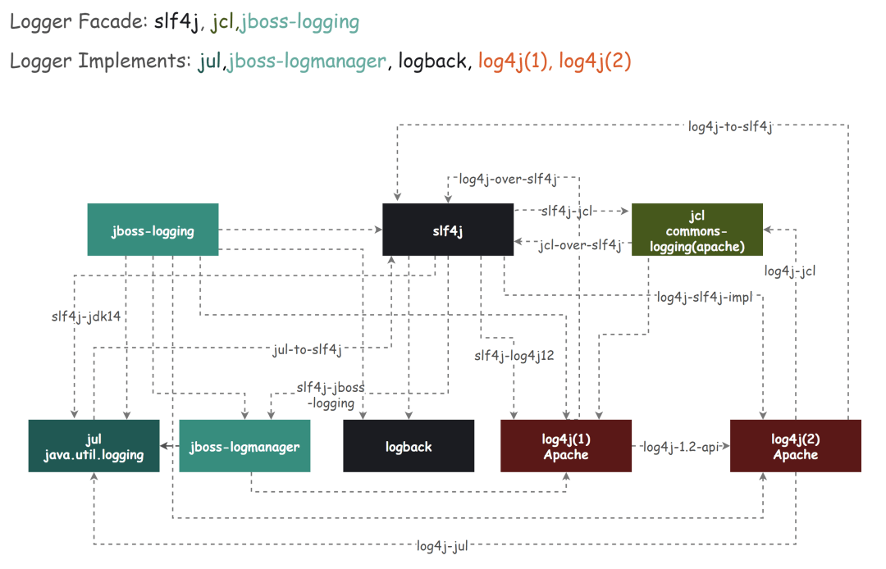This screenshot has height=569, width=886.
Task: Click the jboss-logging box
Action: [153, 230]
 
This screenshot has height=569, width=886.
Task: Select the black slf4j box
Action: [448, 230]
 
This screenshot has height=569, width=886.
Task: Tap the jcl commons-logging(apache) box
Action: [696, 230]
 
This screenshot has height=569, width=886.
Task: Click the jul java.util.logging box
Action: [94, 446]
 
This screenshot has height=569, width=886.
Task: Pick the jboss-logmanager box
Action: [244, 446]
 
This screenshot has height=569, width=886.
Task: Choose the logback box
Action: [408, 446]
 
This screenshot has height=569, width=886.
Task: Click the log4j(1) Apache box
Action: [566, 446]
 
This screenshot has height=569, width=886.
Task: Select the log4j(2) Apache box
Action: [795, 446]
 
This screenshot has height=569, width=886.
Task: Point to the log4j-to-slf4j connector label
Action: [730, 126]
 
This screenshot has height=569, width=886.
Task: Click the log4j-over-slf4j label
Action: [508, 178]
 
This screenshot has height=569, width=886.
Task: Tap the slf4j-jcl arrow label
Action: [567, 211]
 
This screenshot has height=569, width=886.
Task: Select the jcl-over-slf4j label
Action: [580, 244]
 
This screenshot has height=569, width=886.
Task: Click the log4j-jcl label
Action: [790, 271]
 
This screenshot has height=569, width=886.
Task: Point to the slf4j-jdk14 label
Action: [86, 316]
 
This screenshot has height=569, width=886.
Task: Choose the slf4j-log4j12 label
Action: [514, 355]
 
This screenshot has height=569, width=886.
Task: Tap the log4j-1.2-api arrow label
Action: [680, 447]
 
